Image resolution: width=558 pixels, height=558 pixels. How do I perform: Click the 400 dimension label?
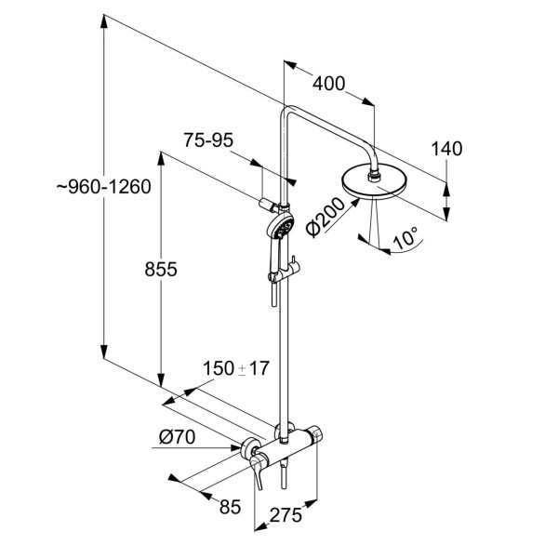click(329, 84)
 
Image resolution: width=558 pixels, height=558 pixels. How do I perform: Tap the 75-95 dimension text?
click(208, 140)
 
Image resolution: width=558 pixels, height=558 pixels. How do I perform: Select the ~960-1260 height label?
click(104, 187)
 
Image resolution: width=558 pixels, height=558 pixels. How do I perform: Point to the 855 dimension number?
click(161, 270)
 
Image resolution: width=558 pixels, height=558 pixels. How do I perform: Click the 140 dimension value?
click(447, 149)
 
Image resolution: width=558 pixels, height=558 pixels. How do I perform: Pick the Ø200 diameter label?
click(325, 217)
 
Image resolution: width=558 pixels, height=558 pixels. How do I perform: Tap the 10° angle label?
click(405, 238)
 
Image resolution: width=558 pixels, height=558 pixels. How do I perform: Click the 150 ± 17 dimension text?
click(236, 368)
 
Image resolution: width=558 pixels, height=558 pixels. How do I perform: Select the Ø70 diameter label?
click(178, 437)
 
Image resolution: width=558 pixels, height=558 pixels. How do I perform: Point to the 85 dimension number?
click(231, 507)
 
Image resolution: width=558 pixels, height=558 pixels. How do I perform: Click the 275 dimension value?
click(286, 514)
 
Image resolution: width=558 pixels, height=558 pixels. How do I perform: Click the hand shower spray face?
click(284, 227)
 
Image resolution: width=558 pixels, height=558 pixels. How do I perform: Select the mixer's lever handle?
click(257, 471)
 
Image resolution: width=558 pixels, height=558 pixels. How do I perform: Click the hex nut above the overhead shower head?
click(375, 175)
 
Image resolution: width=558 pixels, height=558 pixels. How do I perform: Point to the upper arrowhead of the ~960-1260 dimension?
click(104, 20)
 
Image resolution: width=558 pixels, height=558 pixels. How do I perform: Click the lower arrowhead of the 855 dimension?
click(161, 380)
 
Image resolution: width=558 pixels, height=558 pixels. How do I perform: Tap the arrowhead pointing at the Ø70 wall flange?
click(235, 447)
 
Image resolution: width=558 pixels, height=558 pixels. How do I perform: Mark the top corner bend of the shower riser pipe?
click(286, 109)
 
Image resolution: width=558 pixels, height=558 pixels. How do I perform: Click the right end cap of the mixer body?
click(315, 433)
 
